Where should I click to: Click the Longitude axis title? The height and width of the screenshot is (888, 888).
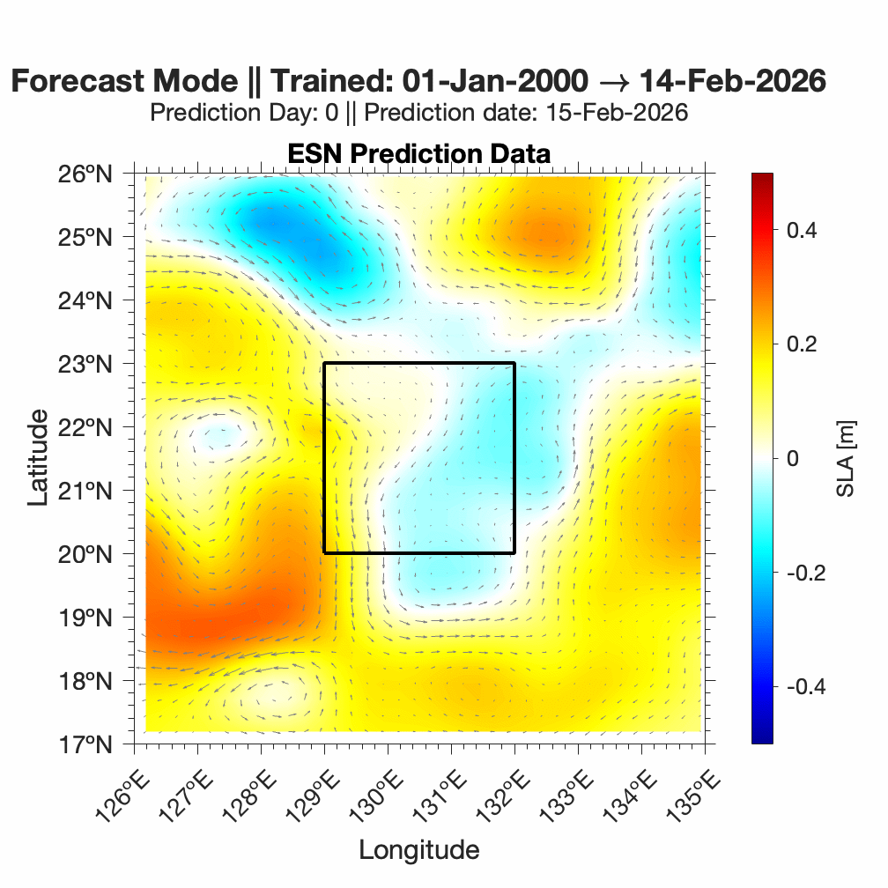point(418,849)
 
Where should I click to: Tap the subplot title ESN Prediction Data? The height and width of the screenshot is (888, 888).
point(418,153)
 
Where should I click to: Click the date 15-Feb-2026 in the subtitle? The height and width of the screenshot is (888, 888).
point(616,113)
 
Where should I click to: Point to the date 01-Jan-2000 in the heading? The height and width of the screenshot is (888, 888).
point(494,81)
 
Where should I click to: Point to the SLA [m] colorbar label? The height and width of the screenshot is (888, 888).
point(847,458)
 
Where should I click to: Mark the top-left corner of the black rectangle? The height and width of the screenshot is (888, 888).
point(324,363)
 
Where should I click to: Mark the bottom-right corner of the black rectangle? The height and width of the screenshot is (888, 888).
point(514,553)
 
